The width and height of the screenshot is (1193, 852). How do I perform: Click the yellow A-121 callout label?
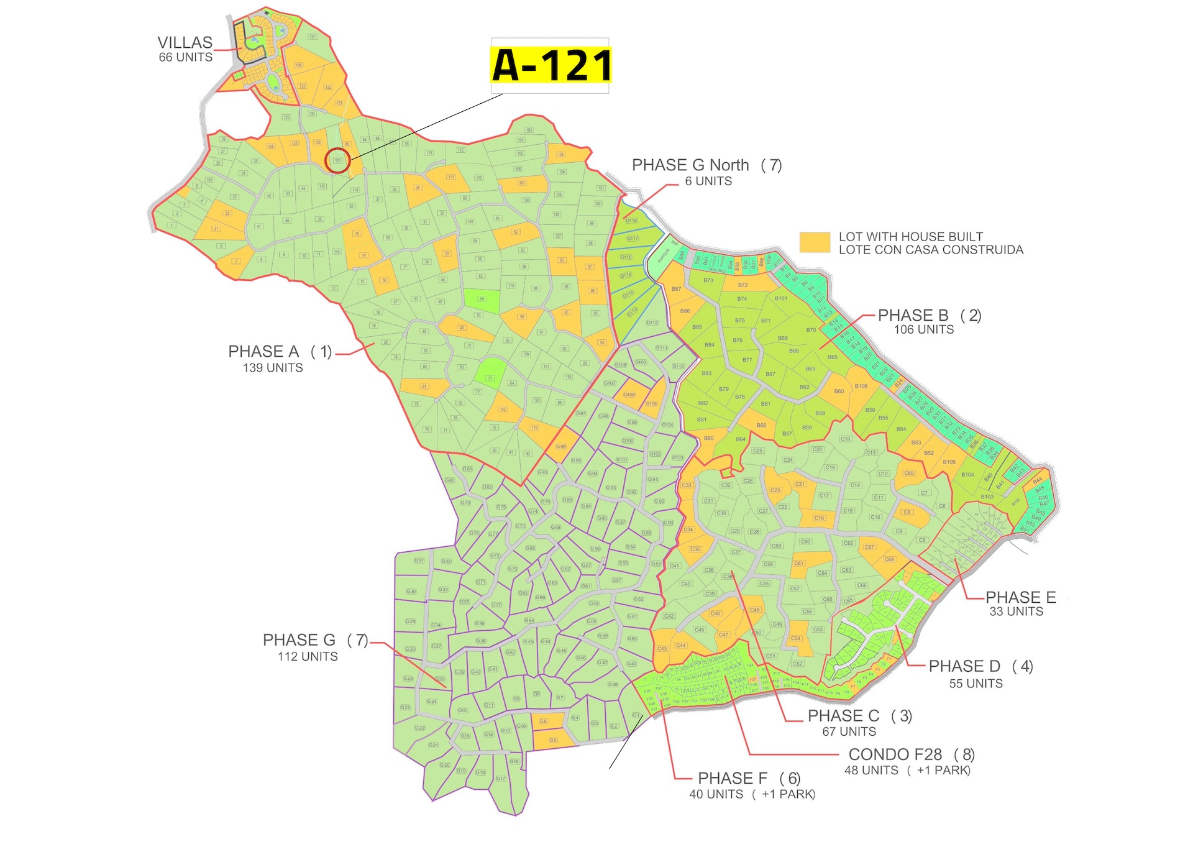551,65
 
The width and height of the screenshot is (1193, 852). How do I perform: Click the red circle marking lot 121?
338,160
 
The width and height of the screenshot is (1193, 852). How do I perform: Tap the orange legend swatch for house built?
815,242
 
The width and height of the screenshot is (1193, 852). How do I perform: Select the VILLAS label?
185,43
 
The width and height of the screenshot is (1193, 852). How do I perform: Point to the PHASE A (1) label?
280,352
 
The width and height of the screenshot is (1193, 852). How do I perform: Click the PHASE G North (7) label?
706,165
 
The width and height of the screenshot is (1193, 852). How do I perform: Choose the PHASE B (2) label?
929,316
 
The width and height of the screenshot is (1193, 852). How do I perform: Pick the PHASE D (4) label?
980,666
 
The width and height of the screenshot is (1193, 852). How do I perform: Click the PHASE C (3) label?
859,716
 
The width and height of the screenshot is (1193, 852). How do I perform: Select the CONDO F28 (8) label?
911,754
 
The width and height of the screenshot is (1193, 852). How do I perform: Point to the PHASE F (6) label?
749,778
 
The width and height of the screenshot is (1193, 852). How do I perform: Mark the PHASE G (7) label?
315,640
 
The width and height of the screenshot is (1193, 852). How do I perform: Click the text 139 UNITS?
273,368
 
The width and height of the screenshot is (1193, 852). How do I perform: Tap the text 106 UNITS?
923,330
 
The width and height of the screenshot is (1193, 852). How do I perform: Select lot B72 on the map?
743,285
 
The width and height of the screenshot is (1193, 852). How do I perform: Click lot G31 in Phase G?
419,561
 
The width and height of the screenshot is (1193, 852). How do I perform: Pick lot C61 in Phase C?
799,563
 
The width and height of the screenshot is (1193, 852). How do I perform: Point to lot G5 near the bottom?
553,740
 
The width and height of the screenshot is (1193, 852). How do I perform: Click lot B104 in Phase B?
967,475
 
